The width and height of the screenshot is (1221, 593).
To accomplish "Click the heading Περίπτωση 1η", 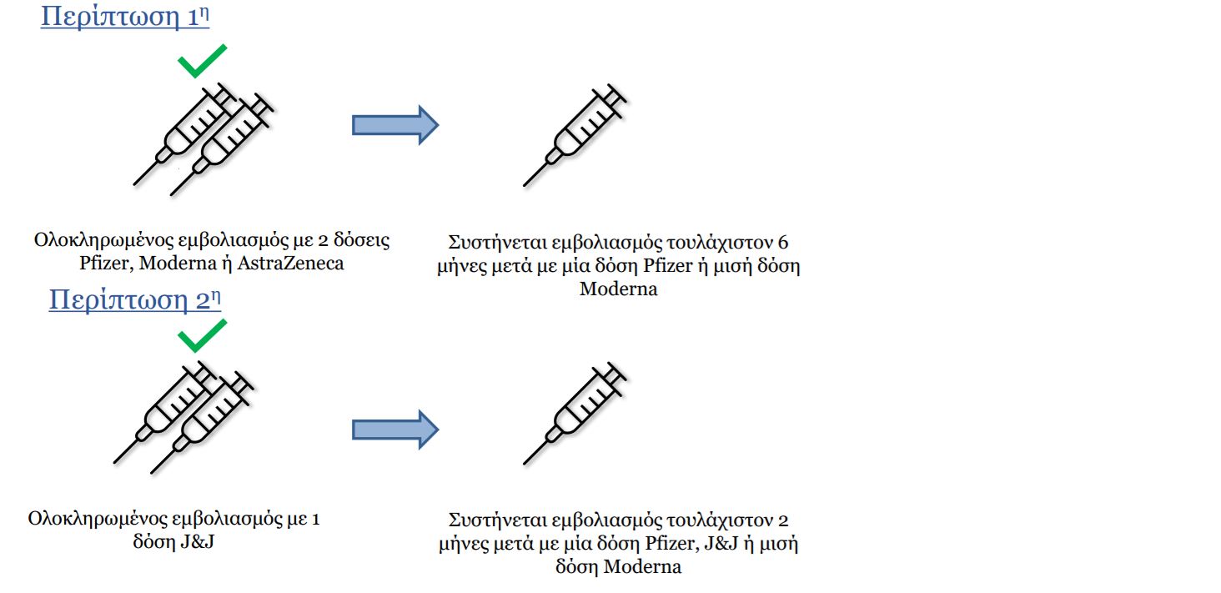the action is tap(125, 17).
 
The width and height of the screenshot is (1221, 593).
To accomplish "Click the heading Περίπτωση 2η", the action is tap(134, 299).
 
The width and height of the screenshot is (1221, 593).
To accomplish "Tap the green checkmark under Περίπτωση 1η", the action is tap(202, 61).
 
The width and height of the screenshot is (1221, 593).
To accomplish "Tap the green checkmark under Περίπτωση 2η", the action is tap(202, 336).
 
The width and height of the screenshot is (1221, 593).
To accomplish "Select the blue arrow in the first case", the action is tap(395, 125).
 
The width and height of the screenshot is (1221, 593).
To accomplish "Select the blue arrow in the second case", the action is tap(395, 430).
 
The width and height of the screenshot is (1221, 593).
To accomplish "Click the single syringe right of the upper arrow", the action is tap(575, 136).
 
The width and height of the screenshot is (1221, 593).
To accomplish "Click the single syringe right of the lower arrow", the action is tap(575, 414).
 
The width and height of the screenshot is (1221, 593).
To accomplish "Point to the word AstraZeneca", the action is tap(290, 264).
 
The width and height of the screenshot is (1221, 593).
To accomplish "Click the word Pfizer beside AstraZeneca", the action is tap(104, 264).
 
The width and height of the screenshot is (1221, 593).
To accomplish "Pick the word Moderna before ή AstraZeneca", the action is tap(178, 264).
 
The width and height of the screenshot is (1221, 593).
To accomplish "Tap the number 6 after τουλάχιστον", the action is tap(783, 242).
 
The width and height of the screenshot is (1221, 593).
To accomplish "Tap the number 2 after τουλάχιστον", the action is tap(783, 520).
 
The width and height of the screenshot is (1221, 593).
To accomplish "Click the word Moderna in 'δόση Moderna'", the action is tap(642, 567).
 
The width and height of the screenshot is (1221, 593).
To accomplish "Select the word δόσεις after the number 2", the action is tap(362, 240).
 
